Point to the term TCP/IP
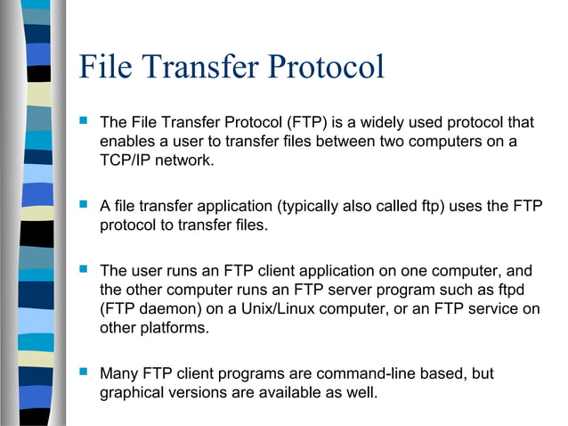[x=127, y=160]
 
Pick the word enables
[x=127, y=141]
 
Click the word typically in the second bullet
[x=308, y=207]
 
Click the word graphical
[x=134, y=393]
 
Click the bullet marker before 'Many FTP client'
[x=85, y=373]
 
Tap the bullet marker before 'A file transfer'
[x=85, y=206]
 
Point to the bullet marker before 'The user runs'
[x=85, y=269]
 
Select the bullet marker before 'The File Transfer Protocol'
[x=85, y=120]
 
